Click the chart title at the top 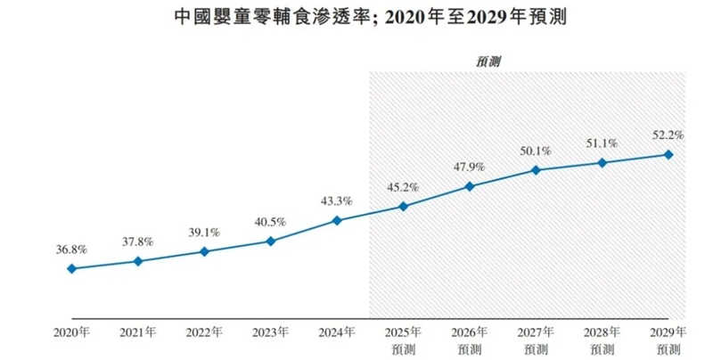(356, 17)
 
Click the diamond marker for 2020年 (71, 268)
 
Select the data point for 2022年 (204, 251)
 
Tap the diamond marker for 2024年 (336, 220)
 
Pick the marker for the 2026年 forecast (469, 186)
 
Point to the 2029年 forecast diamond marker (668, 154)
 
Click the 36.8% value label (71, 249)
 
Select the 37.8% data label (137, 241)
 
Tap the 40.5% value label (270, 222)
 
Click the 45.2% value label (403, 187)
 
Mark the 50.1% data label (536, 151)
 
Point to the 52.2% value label (668, 135)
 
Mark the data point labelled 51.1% (602, 162)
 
